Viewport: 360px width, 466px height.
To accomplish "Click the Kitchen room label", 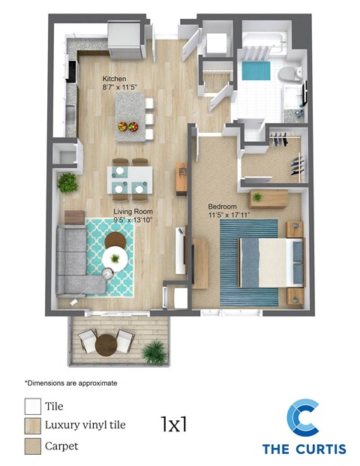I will point(115,78).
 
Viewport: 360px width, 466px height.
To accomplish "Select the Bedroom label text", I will point(223,206).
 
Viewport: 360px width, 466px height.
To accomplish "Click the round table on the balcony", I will point(106,343).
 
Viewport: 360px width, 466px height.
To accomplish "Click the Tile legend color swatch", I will point(32,407).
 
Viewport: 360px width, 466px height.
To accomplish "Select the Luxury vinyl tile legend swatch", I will point(32,425).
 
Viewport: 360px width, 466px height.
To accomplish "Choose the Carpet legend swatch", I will point(32,446).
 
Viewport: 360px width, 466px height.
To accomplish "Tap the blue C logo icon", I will point(304,419).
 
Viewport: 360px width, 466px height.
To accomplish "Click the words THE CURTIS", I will point(304,449).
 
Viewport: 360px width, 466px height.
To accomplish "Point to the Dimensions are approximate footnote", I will point(70,383).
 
